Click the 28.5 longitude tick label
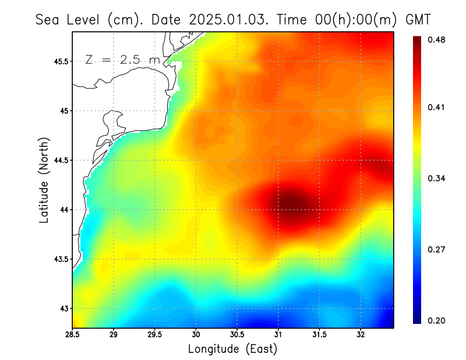click(73, 335)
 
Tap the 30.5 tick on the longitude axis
click(237, 335)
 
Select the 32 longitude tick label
click(361, 335)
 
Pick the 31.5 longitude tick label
click(319, 335)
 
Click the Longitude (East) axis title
click(232, 349)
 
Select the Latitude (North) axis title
click(44, 180)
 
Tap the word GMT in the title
click(418, 20)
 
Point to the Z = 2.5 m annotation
click(121, 59)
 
